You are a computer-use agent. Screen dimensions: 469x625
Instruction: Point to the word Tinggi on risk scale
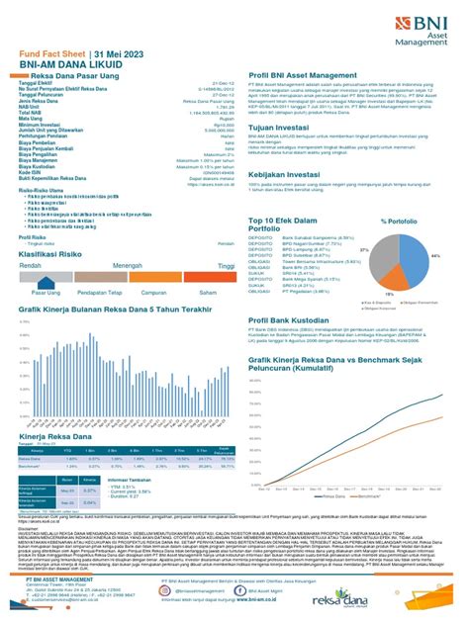(227, 266)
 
